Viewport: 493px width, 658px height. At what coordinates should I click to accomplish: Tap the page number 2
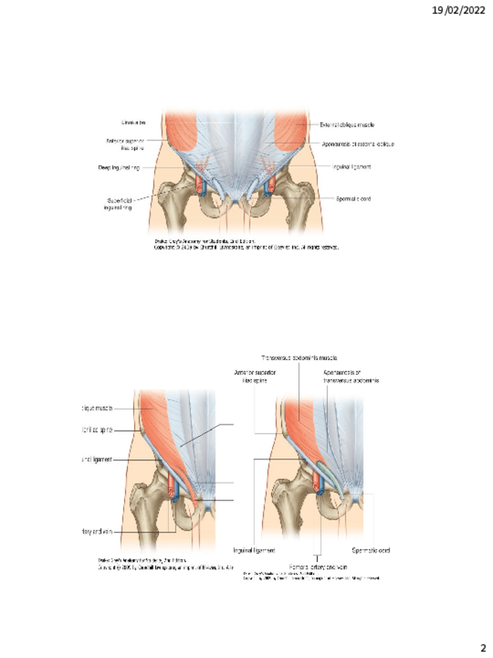481,647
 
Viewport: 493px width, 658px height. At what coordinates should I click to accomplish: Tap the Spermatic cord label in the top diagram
353,199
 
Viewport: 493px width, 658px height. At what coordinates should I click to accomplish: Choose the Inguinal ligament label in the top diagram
352,166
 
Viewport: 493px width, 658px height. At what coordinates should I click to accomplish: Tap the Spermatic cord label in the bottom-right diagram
371,550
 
